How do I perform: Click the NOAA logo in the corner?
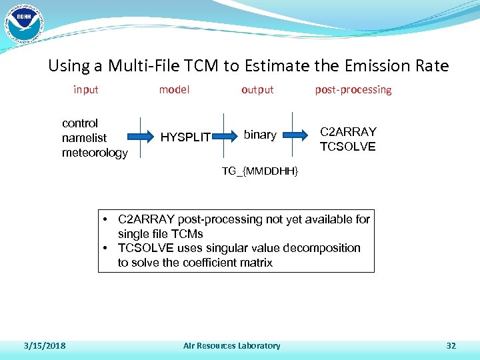pos(23,22)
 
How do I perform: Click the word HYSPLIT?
pos(186,138)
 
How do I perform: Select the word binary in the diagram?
pos(260,135)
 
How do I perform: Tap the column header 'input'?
pos(85,89)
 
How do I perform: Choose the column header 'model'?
pos(174,89)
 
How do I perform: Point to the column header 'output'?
pos(257,89)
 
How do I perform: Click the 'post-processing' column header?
pos(353,89)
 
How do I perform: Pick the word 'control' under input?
pos(80,123)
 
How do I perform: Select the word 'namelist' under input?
pos(84,138)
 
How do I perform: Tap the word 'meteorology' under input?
pos(95,153)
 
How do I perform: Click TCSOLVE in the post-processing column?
pos(347,147)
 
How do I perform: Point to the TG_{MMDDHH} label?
pos(260,172)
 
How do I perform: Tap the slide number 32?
pos(451,345)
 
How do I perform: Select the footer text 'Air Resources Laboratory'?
pos(232,345)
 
